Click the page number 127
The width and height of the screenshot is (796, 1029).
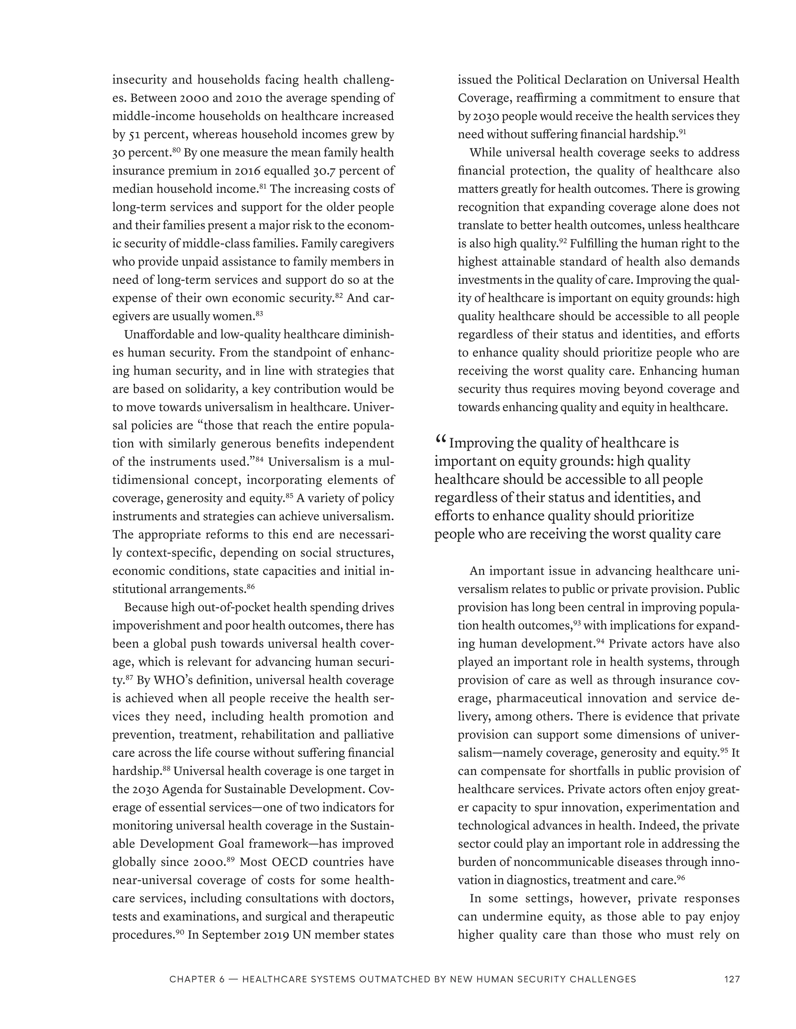click(731, 979)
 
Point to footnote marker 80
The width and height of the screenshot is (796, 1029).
click(176, 150)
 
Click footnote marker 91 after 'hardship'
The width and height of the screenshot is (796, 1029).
click(682, 132)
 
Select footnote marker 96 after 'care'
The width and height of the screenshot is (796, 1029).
click(681, 877)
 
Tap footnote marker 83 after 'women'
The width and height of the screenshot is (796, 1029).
click(259, 313)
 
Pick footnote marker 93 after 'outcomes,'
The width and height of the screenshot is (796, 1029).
click(577, 623)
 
